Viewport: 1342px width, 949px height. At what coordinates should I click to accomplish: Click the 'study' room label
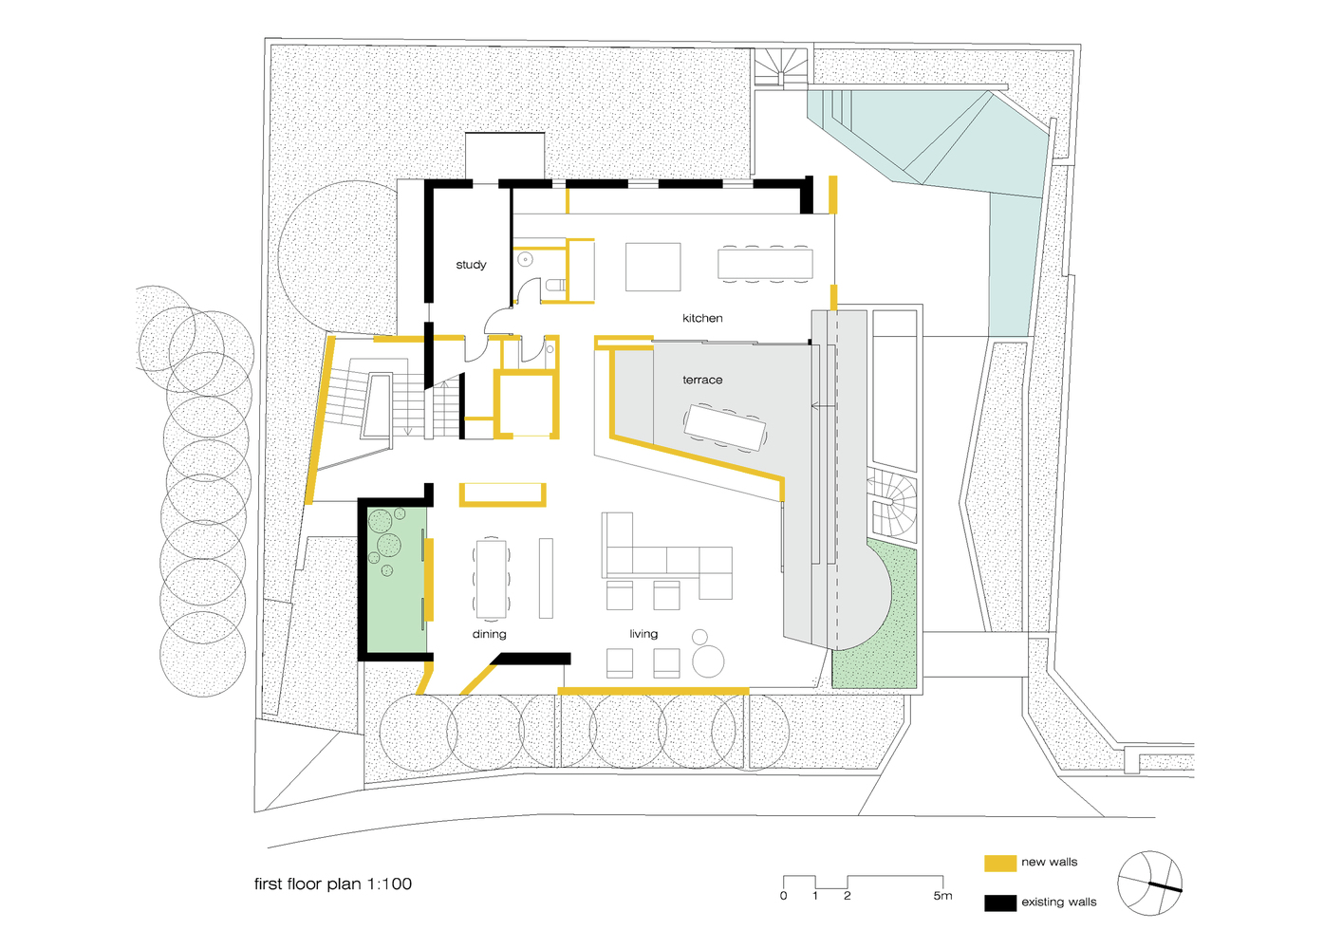[471, 265]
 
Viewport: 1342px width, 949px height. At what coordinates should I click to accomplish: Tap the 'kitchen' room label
[702, 318]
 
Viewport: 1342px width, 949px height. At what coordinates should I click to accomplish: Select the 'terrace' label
[702, 380]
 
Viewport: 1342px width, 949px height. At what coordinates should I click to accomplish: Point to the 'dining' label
[490, 634]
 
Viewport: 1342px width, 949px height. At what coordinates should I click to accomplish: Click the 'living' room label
[643, 634]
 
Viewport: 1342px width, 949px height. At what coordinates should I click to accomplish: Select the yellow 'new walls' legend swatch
[1000, 863]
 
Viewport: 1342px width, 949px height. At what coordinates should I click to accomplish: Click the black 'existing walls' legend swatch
[1000, 902]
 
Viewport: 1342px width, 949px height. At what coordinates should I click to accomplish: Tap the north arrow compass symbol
[1149, 884]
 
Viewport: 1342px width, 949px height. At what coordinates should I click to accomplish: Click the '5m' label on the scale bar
[942, 896]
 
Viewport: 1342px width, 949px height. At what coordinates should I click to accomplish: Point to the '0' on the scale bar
[784, 896]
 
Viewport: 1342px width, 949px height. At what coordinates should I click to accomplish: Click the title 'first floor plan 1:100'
[333, 884]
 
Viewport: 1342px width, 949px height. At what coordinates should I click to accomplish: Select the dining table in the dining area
[492, 578]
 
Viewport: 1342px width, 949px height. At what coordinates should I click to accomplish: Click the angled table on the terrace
[726, 427]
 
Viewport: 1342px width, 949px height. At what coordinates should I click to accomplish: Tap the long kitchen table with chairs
[765, 264]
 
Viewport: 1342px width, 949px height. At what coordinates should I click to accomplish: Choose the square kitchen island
[653, 267]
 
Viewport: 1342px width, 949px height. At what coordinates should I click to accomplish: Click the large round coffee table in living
[708, 661]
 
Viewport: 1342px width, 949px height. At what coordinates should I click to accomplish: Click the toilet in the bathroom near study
[555, 285]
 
